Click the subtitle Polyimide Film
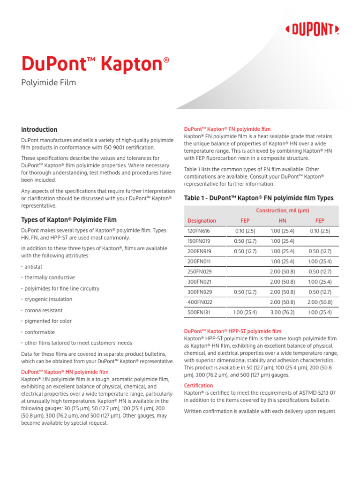coord(48,83)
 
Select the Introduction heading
coord(39,130)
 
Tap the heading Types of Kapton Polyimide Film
coord(69,220)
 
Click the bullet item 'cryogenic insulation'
coord(48,300)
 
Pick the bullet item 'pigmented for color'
coord(48,322)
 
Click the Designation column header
coord(202,221)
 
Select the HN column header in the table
coord(282,221)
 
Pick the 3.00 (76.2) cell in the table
coord(282,312)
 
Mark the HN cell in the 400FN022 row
coord(282,302)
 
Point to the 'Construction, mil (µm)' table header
coord(282,210)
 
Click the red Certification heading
coord(198,386)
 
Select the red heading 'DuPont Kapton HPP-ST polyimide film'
coord(232,331)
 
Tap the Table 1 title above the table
coord(259,198)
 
